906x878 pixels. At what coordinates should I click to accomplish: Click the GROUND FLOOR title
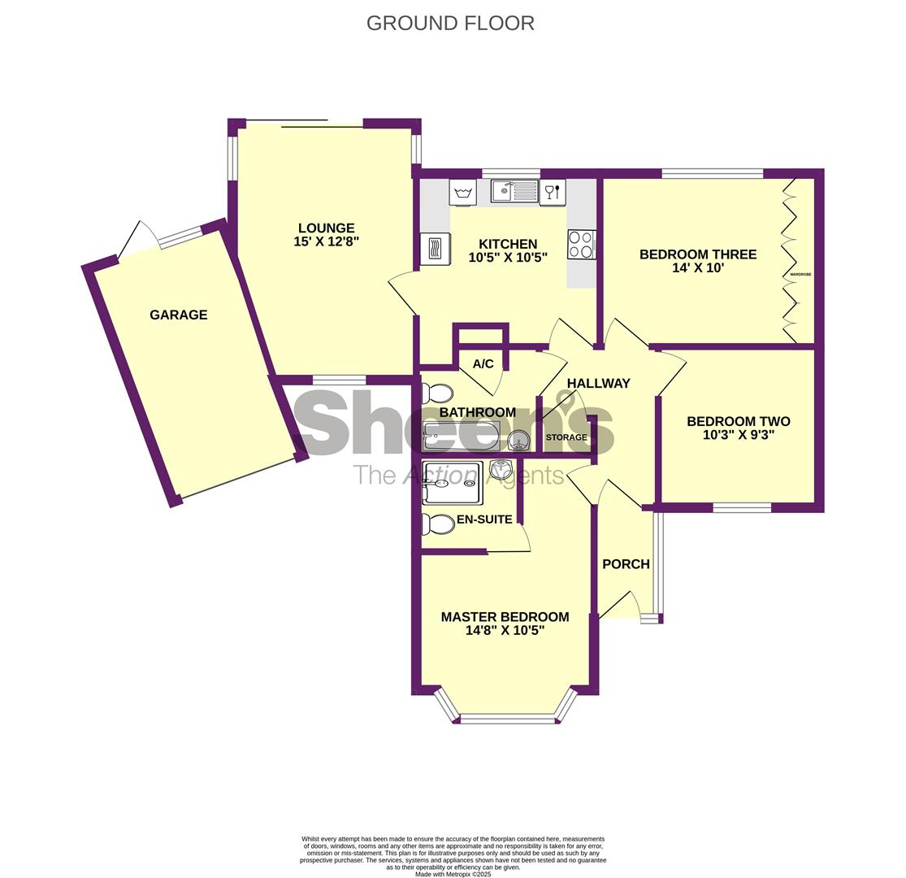450,23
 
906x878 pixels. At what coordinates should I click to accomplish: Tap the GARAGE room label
179,315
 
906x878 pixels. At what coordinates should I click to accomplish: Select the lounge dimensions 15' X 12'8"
327,241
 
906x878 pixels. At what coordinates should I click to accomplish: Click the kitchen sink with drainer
514,191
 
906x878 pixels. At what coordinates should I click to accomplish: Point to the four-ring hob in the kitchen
581,245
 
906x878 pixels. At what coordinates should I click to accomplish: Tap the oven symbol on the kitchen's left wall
435,249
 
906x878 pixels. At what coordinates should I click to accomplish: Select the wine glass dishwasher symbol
553,192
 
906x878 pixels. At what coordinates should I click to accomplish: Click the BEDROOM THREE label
698,254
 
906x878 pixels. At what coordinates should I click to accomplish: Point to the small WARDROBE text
801,274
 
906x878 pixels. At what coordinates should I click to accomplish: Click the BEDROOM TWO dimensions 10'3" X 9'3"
739,435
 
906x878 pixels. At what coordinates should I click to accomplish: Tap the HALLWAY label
598,383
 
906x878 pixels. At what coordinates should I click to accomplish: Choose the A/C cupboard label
483,363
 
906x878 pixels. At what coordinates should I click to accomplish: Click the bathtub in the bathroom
461,437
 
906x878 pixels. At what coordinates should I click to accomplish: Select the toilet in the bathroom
437,393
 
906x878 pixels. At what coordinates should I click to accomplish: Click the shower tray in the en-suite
452,483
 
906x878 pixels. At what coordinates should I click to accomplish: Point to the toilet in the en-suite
437,525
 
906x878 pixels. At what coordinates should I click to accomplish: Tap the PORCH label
626,564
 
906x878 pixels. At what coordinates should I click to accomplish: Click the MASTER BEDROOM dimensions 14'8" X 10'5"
505,631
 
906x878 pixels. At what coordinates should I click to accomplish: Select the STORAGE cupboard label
566,437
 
